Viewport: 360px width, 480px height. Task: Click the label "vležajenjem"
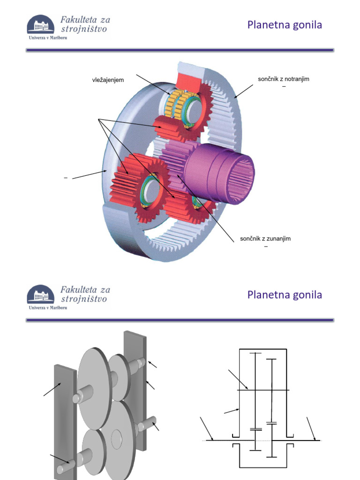[x=108, y=80]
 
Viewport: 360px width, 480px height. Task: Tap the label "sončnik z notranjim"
[x=284, y=79]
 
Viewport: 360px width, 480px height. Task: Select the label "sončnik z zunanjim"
[x=265, y=239]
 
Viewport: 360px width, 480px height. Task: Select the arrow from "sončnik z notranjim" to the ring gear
[x=244, y=91]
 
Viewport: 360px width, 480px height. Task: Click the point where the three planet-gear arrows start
[x=98, y=119]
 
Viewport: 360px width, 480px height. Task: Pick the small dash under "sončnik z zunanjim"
[x=266, y=247]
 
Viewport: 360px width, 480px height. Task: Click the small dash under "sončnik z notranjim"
[x=284, y=87]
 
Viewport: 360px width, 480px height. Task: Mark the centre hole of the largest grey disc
[x=116, y=439]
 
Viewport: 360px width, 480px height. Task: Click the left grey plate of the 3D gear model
[x=65, y=422]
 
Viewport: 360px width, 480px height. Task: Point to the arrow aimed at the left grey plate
[x=53, y=389]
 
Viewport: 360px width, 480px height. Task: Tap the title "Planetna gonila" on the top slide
[x=285, y=25]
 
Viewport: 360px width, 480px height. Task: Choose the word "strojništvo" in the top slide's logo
[x=84, y=29]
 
